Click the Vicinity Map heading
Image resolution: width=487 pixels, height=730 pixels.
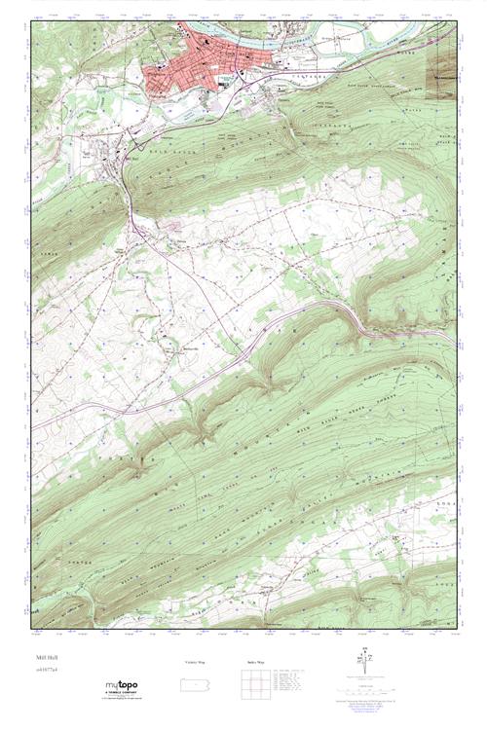click(196, 662)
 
